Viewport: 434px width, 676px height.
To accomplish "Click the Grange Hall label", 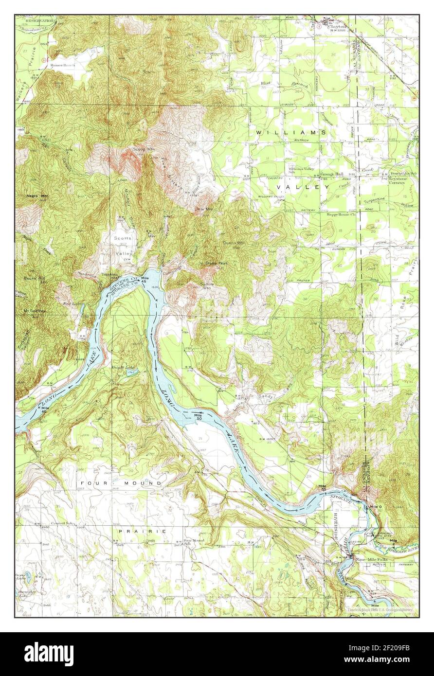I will (332, 174).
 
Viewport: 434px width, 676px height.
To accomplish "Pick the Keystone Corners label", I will (400, 178).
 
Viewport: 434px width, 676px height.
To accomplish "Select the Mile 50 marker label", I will (198, 416).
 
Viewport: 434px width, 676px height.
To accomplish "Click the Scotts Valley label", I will (123, 246).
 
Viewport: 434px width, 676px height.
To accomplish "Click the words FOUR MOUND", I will (121, 483).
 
